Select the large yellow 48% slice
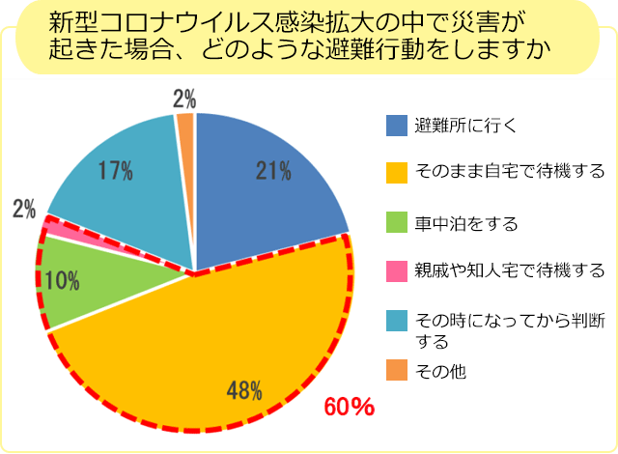pyautogui.click(x=222, y=348)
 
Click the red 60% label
pyautogui.click(x=349, y=407)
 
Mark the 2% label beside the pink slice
pyautogui.click(x=23, y=208)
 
